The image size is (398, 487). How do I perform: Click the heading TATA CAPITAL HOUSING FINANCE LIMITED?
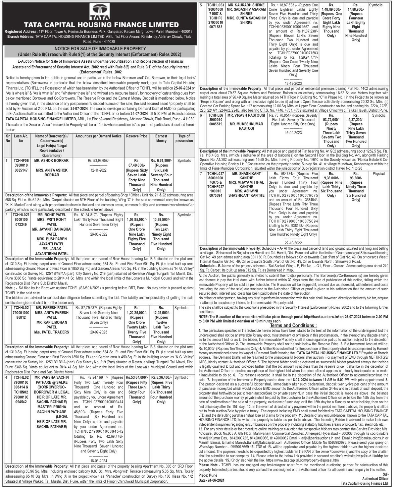coord(101,25)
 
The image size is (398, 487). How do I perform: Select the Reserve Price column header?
coord(136,136)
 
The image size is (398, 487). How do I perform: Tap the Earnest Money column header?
coord(161,138)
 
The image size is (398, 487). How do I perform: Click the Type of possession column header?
coord(184,138)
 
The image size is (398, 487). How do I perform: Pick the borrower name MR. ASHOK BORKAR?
coord(52,161)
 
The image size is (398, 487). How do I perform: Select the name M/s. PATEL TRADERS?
coord(52,332)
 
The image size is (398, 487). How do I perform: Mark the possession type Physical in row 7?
coord(379,174)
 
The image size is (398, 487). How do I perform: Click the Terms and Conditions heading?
coord(294,325)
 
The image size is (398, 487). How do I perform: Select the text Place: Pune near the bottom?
coord(208,475)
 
